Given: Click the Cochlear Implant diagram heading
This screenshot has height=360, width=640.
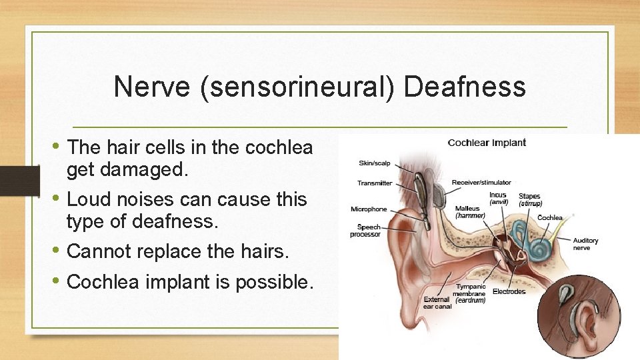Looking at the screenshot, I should pos(487,143).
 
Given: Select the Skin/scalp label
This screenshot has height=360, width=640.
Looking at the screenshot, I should pos(375,163).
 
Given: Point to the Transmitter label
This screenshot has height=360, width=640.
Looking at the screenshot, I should pos(375,183).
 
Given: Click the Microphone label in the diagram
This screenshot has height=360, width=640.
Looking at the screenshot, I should pos(369,209).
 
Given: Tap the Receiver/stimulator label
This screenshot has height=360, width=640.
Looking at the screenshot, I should pos(481,182).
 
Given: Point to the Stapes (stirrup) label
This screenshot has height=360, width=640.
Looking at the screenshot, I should pos(530,200).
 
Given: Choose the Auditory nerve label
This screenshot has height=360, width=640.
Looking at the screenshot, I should pos(585,244).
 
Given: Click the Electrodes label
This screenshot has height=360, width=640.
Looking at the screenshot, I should pos(509,291).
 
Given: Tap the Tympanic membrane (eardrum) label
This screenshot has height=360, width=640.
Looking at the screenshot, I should pos(470,294).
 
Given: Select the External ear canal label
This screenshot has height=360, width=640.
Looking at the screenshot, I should pos(437,303).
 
